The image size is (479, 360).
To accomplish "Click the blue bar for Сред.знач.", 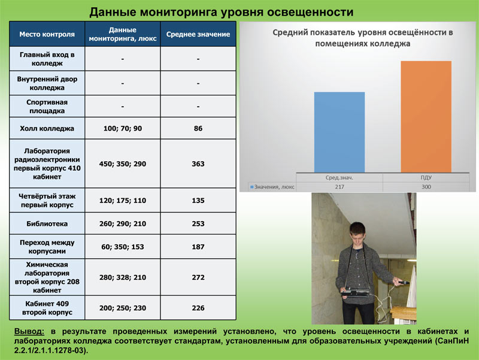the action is click(x=339, y=132).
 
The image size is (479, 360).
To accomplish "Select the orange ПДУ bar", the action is click(x=426, y=117).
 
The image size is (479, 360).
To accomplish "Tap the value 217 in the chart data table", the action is click(x=339, y=187).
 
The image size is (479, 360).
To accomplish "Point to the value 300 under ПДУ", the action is click(x=426, y=187).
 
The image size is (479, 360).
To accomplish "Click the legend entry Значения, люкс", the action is click(x=272, y=187).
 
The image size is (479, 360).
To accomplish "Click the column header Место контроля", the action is click(x=47, y=34).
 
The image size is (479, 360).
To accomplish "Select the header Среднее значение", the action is click(x=198, y=34).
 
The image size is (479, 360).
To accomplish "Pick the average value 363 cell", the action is click(x=198, y=164).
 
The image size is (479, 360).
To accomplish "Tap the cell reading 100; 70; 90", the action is click(x=123, y=128).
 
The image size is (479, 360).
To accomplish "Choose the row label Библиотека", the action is click(x=47, y=223).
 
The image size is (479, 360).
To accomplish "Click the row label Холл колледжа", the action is click(x=47, y=128).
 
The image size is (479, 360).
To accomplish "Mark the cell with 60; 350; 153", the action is click(x=123, y=247).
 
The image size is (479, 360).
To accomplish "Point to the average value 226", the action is click(x=198, y=308).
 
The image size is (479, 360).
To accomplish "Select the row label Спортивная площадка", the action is click(x=47, y=107).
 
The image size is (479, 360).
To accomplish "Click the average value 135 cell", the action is click(x=198, y=201).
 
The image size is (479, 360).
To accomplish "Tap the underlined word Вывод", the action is click(x=29, y=332).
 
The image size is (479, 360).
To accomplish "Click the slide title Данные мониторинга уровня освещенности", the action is click(x=222, y=12).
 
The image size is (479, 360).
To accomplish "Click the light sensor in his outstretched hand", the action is click(x=402, y=283).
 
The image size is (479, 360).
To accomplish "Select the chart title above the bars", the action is click(x=363, y=38).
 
